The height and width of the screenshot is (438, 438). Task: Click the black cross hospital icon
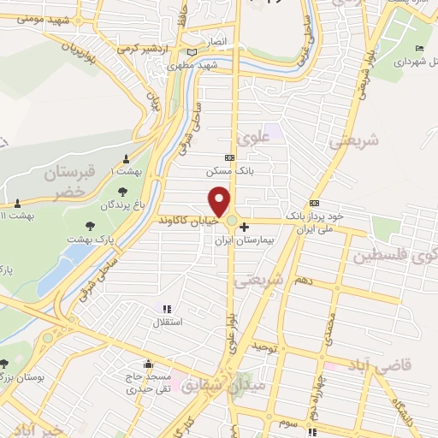(x=246, y=227)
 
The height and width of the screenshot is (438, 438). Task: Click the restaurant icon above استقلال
(x=166, y=309)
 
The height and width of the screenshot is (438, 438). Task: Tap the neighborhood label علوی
(x=257, y=136)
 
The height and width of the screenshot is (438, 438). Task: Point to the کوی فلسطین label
(x=402, y=253)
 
